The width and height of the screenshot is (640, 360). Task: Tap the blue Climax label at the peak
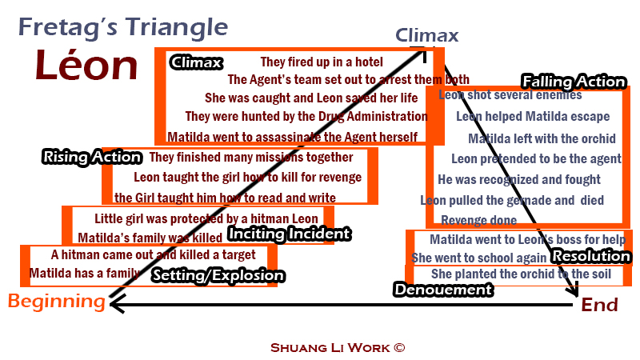coord(427,35)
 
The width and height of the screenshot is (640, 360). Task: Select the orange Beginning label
coord(57,302)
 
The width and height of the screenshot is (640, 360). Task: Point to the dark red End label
coord(599,305)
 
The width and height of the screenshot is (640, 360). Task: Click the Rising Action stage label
coord(91,158)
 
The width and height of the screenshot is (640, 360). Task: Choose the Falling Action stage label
coord(574,82)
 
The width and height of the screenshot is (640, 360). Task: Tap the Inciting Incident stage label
coord(289,234)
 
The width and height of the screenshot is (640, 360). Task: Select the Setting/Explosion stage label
coord(218,276)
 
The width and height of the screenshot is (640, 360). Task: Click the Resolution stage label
coord(591,256)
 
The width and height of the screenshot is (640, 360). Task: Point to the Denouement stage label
coord(442,290)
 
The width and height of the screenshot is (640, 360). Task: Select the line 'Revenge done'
coord(478,221)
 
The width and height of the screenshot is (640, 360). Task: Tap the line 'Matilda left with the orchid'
coord(542,138)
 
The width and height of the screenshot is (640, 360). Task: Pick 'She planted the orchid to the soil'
coord(521,274)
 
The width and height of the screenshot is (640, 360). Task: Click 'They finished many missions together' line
coord(251,158)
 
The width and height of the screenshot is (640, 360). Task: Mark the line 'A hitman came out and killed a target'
coord(153,255)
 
